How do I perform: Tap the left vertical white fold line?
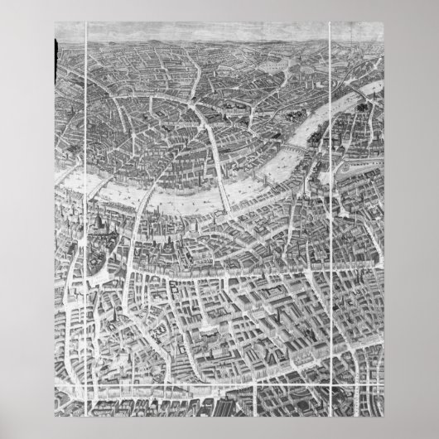[x=88, y=207]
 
